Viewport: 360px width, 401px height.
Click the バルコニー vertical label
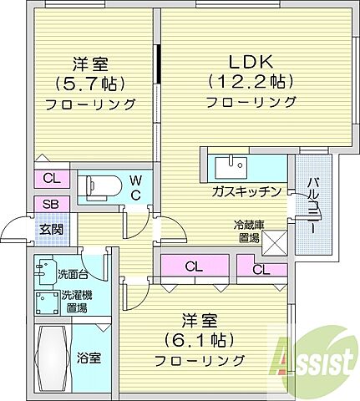[x=311, y=206]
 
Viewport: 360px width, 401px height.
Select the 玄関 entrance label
[x=46, y=229]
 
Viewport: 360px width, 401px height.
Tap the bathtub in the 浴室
[x=51, y=356]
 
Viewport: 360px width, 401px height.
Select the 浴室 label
[x=89, y=358]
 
